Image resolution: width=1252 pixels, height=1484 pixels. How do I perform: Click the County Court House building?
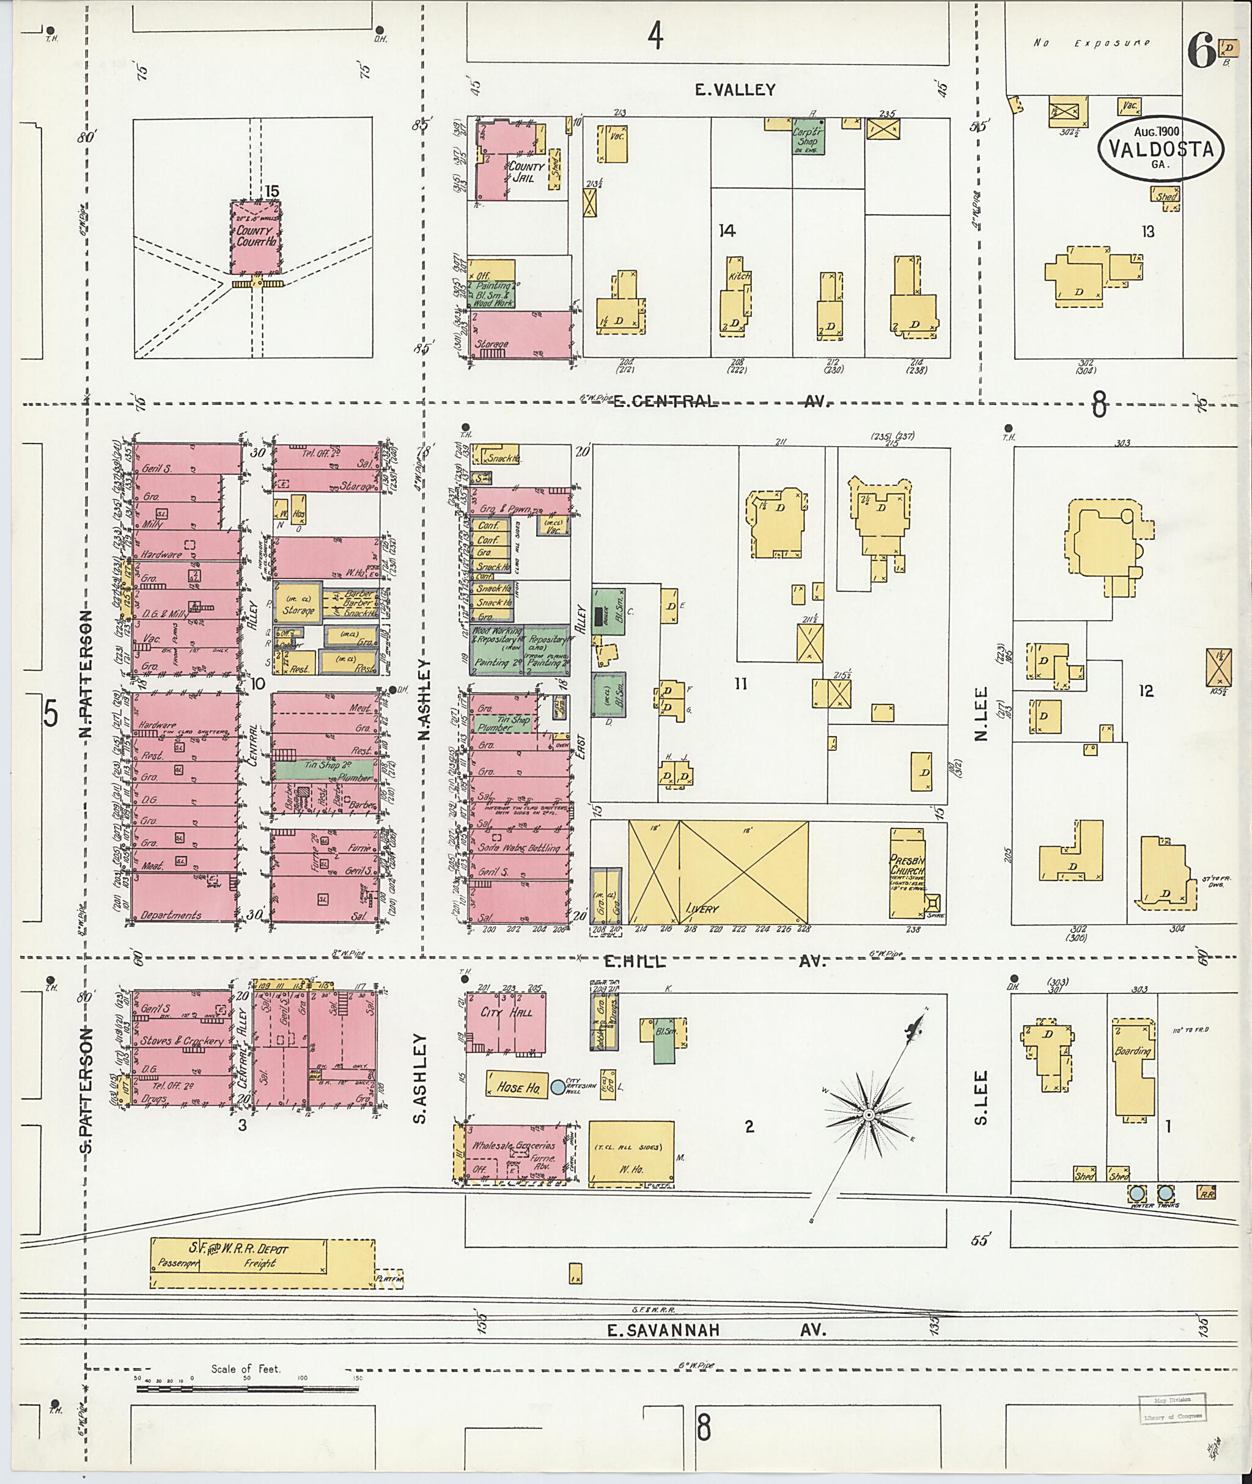coord(255,238)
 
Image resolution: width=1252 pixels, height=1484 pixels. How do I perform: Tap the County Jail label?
coord(526,172)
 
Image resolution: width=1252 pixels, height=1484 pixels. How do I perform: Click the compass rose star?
coord(867,1116)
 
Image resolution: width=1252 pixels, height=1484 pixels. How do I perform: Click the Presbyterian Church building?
coord(908,872)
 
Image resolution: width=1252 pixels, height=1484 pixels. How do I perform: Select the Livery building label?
coord(702,908)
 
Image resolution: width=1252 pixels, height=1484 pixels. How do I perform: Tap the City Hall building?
coord(506,1022)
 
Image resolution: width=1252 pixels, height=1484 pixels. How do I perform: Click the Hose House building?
coord(517,1087)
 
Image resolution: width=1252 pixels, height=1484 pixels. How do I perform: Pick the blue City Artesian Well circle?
coord(559,1087)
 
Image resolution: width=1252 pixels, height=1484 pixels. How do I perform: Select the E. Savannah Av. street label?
coord(717,1330)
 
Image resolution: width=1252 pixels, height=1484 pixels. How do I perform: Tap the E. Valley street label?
coord(735,90)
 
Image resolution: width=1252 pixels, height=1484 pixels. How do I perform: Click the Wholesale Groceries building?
coord(514,1153)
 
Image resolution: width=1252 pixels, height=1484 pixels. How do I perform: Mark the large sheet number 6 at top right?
coord(1200,52)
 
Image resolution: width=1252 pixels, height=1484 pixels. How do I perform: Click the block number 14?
coord(727,230)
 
